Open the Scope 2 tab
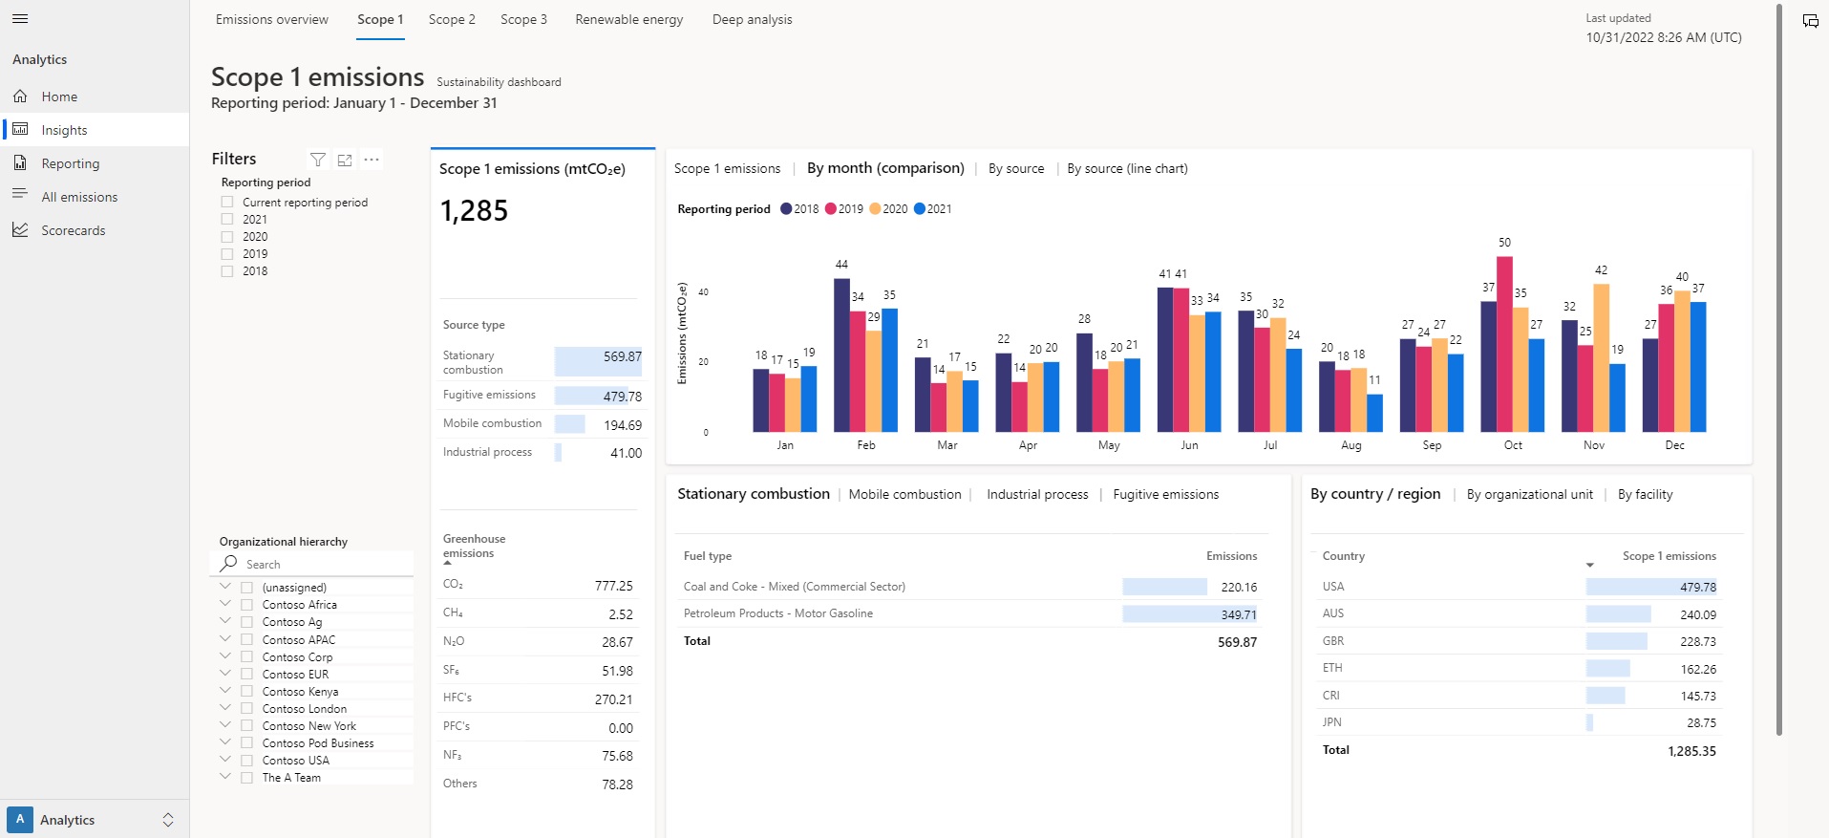452,19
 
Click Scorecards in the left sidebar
73,230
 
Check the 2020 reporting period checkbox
227,237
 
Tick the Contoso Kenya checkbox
246,692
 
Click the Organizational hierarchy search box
315,565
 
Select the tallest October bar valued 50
1504,344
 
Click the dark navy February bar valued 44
841,355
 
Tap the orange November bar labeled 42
1602,358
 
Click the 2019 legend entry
844,209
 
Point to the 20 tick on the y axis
704,362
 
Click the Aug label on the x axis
1350,445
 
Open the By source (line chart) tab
1127,169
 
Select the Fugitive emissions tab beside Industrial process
1165,495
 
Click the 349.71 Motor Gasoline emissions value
1238,614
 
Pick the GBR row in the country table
1333,641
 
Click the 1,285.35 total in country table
1691,751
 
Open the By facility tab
1645,495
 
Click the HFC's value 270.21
613,699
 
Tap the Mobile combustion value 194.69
623,425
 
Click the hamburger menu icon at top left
20,19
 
